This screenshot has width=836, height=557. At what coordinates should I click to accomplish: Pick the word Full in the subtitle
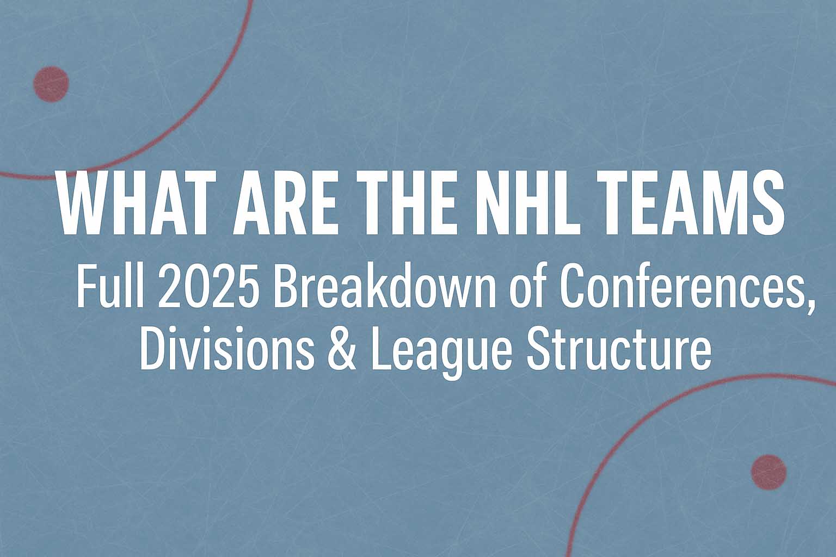tap(112, 286)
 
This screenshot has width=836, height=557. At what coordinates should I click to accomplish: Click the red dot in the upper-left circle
tap(51, 84)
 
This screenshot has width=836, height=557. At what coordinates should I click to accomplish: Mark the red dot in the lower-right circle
tap(769, 472)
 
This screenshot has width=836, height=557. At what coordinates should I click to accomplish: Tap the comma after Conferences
tap(810, 304)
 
